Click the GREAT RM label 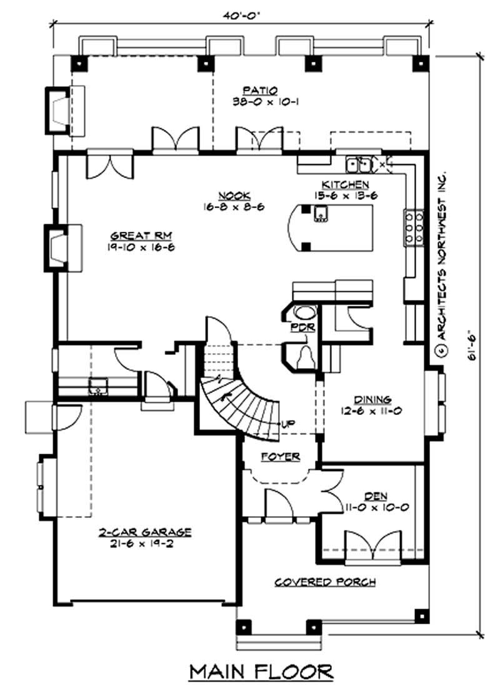pyautogui.click(x=141, y=236)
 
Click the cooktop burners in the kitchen pyautogui.click(x=412, y=228)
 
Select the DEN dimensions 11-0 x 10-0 pyautogui.click(x=377, y=507)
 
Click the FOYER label pyautogui.click(x=281, y=457)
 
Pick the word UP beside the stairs pyautogui.click(x=288, y=424)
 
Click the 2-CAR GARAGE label pyautogui.click(x=144, y=532)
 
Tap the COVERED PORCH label pyautogui.click(x=325, y=582)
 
